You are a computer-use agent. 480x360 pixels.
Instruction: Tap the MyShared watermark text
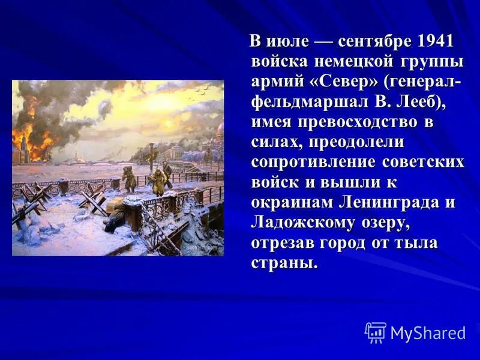click(428, 333)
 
